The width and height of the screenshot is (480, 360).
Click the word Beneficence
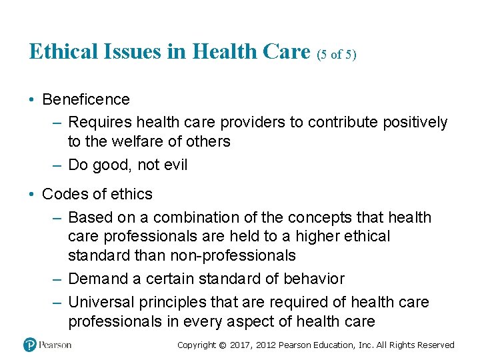(x=86, y=100)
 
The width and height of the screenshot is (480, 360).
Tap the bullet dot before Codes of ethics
(x=32, y=195)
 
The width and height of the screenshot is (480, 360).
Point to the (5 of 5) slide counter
(x=337, y=55)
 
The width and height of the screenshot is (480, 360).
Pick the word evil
(x=175, y=165)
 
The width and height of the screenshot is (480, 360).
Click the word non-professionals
(x=233, y=255)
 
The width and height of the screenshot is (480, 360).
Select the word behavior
(x=316, y=279)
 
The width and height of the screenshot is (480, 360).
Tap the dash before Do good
(x=56, y=165)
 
